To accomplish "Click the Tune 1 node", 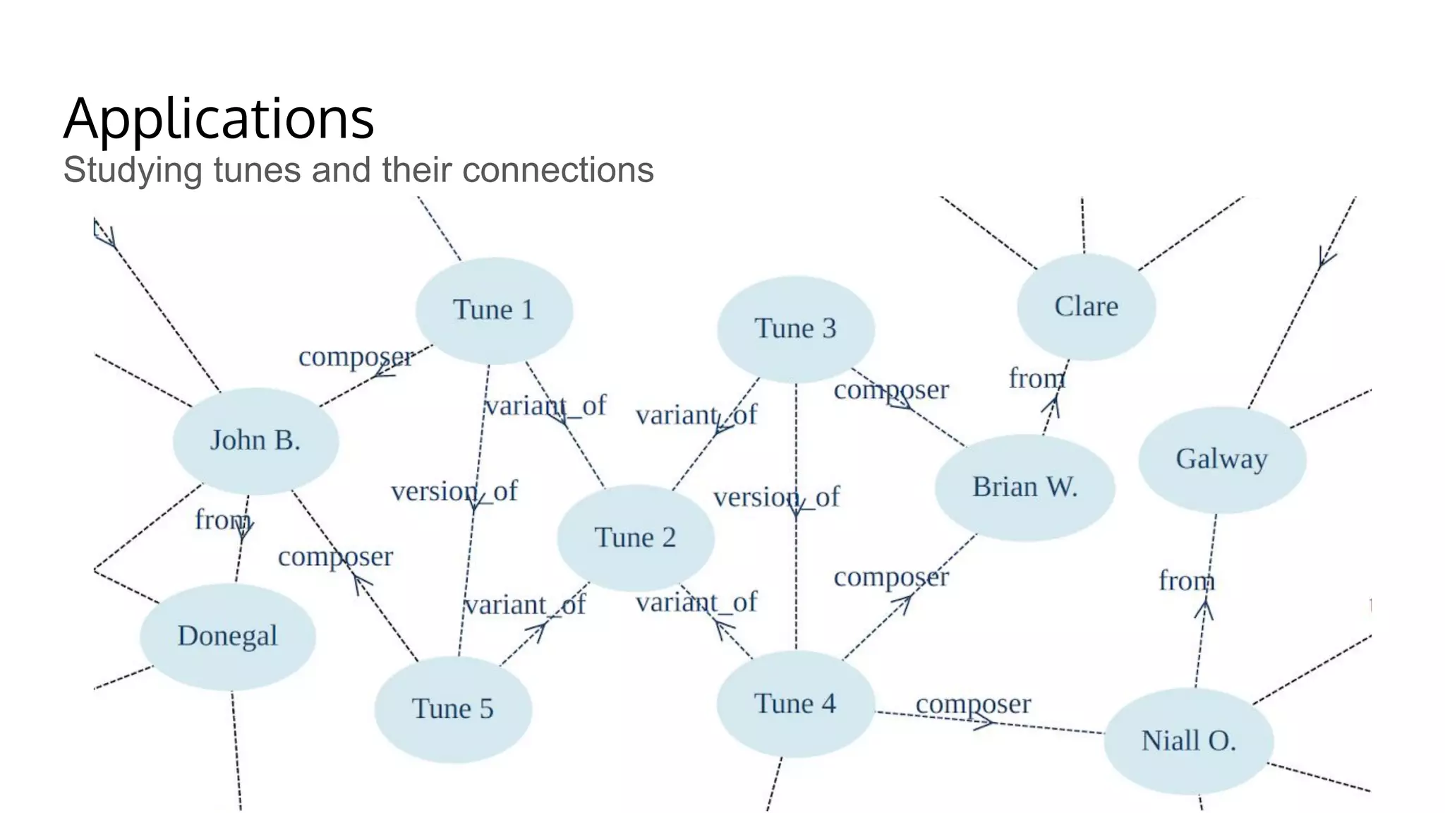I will pyautogui.click(x=494, y=311).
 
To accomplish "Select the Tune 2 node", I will pyautogui.click(x=636, y=538).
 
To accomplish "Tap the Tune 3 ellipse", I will pyautogui.click(x=796, y=329).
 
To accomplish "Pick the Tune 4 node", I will pyautogui.click(x=796, y=704).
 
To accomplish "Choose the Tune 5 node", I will pyautogui.click(x=453, y=709).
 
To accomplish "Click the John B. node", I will pyautogui.click(x=255, y=440).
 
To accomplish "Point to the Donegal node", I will pyautogui.click(x=227, y=636).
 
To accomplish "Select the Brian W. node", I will pyautogui.click(x=1024, y=487).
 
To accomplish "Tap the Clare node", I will pyautogui.click(x=1086, y=306).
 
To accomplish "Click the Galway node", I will pyautogui.click(x=1221, y=459).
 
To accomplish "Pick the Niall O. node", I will pyautogui.click(x=1188, y=741).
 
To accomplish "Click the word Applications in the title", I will pyautogui.click(x=219, y=119).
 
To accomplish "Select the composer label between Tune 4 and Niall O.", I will pyautogui.click(x=973, y=704).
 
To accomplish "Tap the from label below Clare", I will pyautogui.click(x=1036, y=378).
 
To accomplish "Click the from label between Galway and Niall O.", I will pyautogui.click(x=1187, y=581).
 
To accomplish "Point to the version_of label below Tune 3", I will pyautogui.click(x=776, y=497).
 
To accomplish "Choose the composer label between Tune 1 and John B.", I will pyautogui.click(x=356, y=356).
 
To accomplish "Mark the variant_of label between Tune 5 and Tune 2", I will pyautogui.click(x=525, y=605).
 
